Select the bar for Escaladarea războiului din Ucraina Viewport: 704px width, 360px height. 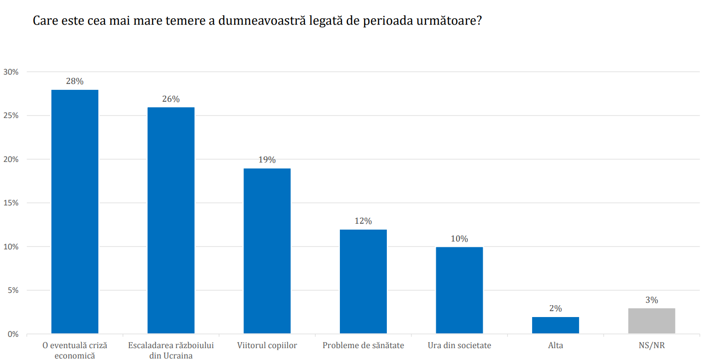pos(171,220)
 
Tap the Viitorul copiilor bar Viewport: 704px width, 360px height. pos(267,251)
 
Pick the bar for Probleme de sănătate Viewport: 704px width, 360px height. pos(363,281)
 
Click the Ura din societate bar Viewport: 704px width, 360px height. pos(459,290)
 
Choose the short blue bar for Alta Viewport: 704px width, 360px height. pos(555,325)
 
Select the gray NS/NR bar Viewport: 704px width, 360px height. pos(651,321)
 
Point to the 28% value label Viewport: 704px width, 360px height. pos(75,81)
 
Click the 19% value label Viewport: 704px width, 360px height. pos(267,160)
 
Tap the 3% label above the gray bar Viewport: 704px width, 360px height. pos(651,300)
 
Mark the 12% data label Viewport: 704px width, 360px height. pos(363,221)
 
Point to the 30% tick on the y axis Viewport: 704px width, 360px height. pos(11,72)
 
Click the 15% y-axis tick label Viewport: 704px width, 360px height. pos(11,203)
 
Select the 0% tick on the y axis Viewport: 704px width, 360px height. pos(13,334)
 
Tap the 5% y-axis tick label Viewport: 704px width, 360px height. pos(13,290)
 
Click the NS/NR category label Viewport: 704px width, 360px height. pos(651,346)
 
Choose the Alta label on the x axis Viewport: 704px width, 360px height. pos(555,346)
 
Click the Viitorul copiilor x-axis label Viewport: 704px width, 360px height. pos(267,346)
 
